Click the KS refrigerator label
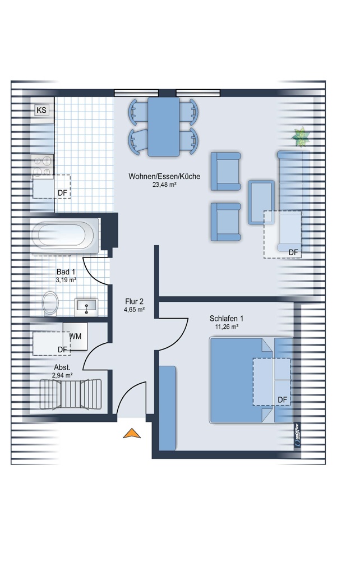tap(41, 110)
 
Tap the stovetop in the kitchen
tap(42, 165)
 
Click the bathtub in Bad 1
tap(64, 235)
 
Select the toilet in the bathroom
tap(50, 304)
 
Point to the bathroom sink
tap(86, 307)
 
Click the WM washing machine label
tap(75, 336)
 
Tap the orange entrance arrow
tap(132, 433)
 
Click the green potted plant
tap(301, 137)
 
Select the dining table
tap(163, 127)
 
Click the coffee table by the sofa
tap(261, 203)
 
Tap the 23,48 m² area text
tap(164, 185)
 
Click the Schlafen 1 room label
tap(227, 319)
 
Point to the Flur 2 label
tap(135, 302)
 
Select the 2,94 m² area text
tap(62, 375)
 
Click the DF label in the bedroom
tap(283, 400)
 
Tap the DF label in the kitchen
tap(63, 193)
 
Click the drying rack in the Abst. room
tap(71, 394)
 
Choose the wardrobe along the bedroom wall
tap(167, 408)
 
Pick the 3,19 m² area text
tap(66, 280)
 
